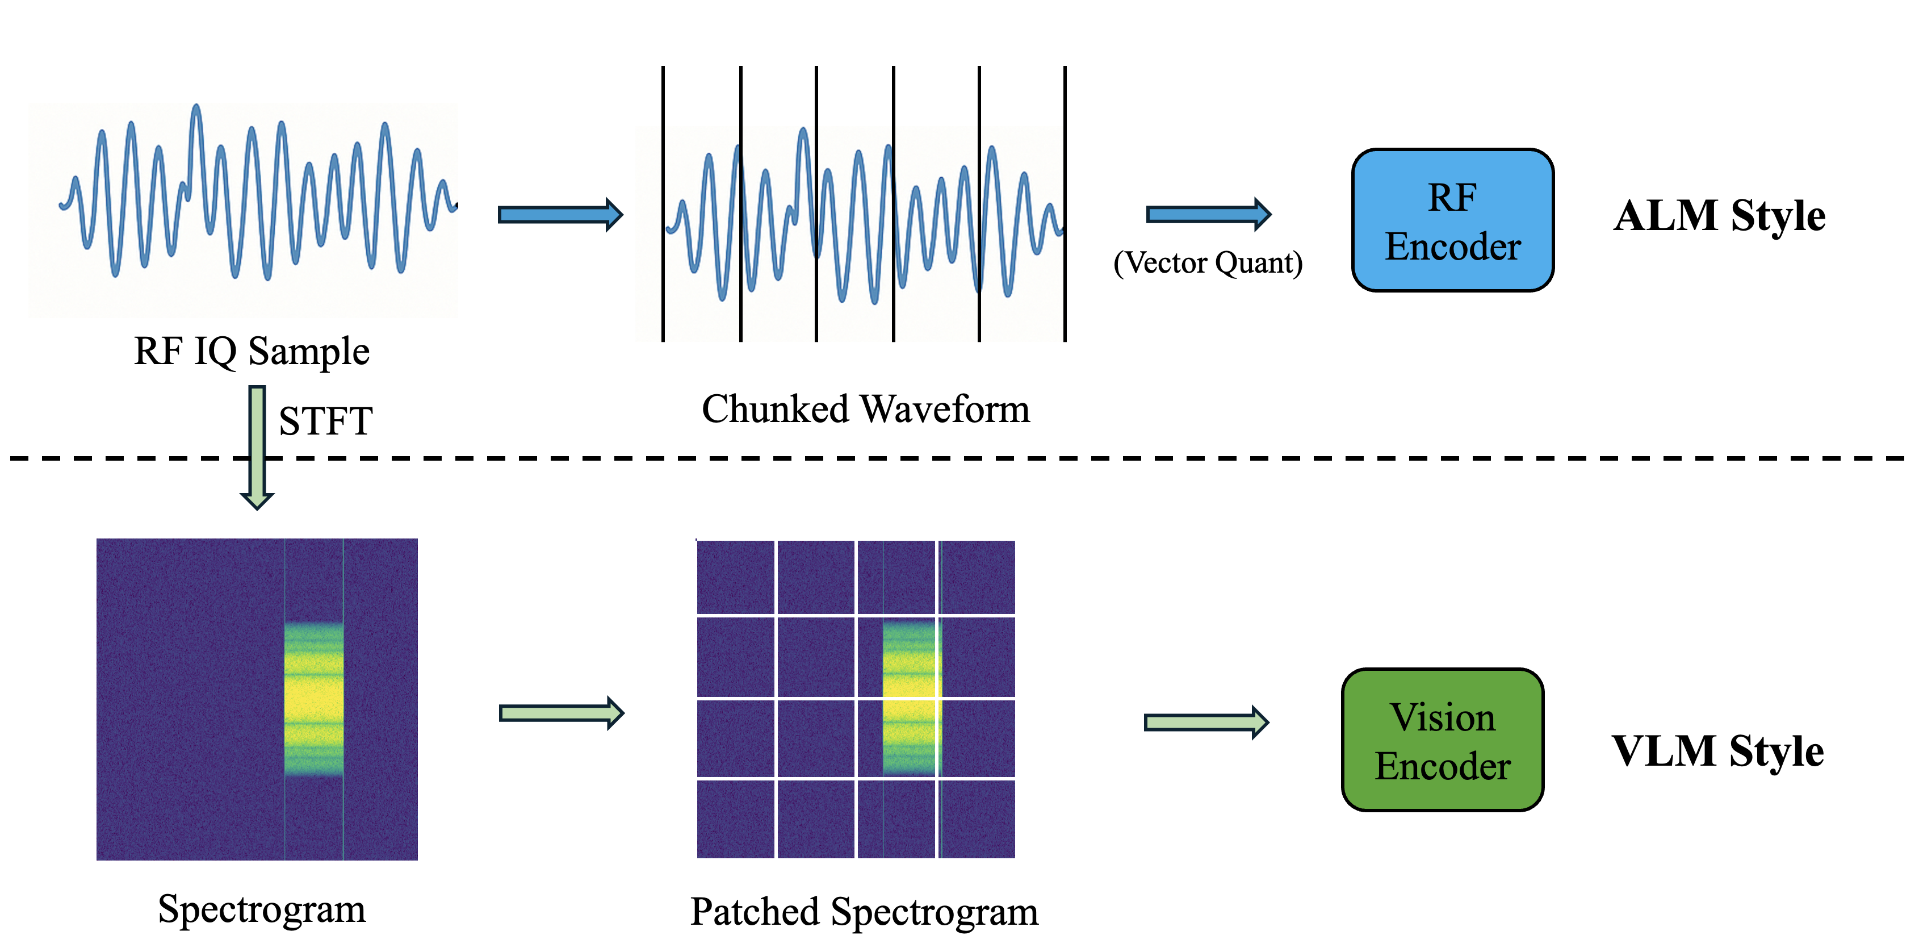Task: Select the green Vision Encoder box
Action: (x=1442, y=740)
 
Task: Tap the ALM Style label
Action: (x=1719, y=216)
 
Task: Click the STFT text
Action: (x=325, y=422)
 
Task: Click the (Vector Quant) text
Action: (x=1208, y=263)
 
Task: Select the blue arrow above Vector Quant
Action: (x=1208, y=215)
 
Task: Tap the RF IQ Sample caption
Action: (x=252, y=351)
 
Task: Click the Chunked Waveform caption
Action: (x=866, y=410)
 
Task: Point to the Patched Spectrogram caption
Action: (x=864, y=912)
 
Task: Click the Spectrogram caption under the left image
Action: (x=262, y=909)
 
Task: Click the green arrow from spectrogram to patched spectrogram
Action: (x=560, y=713)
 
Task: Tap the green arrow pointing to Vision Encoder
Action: (x=1205, y=721)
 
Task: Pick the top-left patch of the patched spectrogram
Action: (x=735, y=577)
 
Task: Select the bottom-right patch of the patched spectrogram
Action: (x=977, y=819)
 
